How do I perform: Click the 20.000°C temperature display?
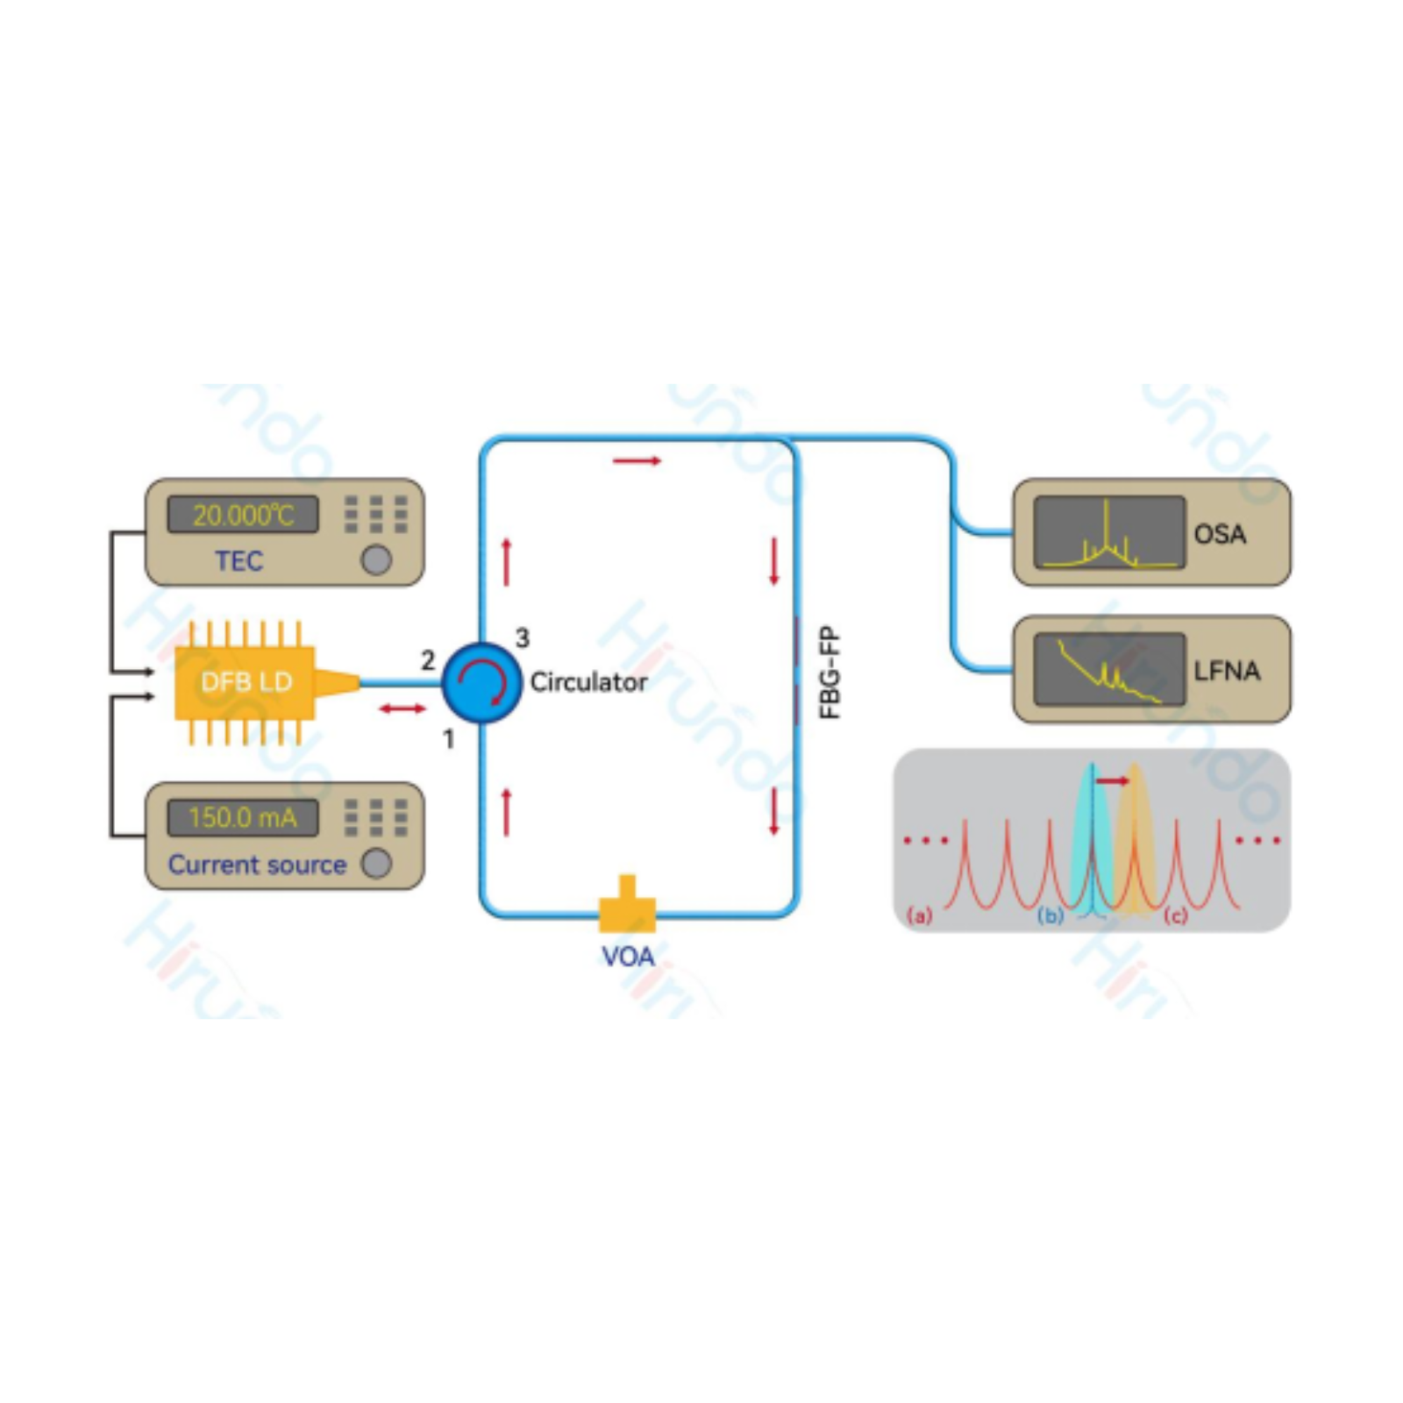pyautogui.click(x=243, y=515)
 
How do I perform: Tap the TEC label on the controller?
pyautogui.click(x=239, y=561)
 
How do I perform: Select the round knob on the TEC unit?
pyautogui.click(x=376, y=559)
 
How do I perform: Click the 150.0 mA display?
pyautogui.click(x=243, y=817)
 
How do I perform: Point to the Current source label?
pyautogui.click(x=257, y=865)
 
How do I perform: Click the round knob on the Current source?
pyautogui.click(x=376, y=863)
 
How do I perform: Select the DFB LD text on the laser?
pyautogui.click(x=246, y=681)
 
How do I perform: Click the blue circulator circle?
pyautogui.click(x=481, y=682)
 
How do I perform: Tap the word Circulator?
pyautogui.click(x=588, y=681)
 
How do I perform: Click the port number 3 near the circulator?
pyautogui.click(x=523, y=637)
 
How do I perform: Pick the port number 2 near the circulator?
pyautogui.click(x=428, y=659)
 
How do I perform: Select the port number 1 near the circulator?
pyautogui.click(x=449, y=739)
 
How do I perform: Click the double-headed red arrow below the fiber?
pyautogui.click(x=402, y=709)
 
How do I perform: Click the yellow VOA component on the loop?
pyautogui.click(x=627, y=908)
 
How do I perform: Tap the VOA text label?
pyautogui.click(x=628, y=956)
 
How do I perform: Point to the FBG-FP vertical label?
pyautogui.click(x=830, y=673)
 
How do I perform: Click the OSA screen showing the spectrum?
pyautogui.click(x=1108, y=532)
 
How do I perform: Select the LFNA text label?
pyautogui.click(x=1227, y=671)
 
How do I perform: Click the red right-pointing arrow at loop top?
pyautogui.click(x=637, y=460)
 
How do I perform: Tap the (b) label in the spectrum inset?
pyautogui.click(x=1050, y=916)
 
